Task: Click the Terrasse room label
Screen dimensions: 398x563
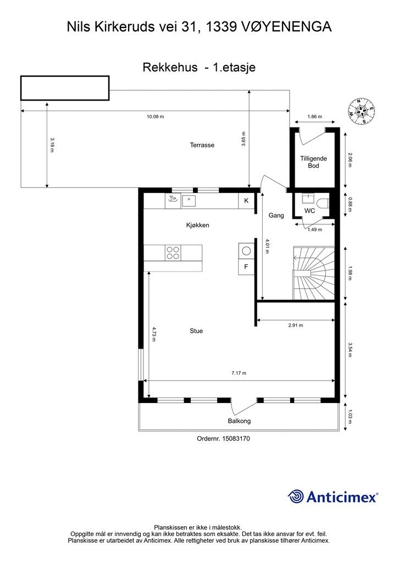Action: (202, 145)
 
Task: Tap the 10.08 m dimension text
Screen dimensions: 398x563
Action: (156, 117)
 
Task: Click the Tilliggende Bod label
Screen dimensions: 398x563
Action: (313, 162)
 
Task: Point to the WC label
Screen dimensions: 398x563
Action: (309, 211)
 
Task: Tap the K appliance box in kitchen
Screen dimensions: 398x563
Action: (246, 201)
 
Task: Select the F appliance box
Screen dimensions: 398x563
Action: (246, 267)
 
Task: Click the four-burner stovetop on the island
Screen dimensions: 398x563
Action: (173, 252)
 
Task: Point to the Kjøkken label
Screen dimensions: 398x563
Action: (197, 225)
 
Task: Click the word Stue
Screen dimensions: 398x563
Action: (196, 331)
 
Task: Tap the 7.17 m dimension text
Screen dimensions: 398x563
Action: (239, 373)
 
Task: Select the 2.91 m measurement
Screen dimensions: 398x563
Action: (295, 325)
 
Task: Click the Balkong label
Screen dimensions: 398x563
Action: (239, 421)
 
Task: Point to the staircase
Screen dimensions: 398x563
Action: (314, 273)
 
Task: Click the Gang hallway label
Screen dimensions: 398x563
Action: (277, 216)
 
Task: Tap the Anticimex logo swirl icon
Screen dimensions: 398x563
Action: (296, 497)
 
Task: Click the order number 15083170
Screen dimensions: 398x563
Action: (236, 438)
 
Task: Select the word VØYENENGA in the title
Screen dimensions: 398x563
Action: (284, 27)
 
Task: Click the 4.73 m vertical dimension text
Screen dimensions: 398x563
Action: (153, 334)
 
